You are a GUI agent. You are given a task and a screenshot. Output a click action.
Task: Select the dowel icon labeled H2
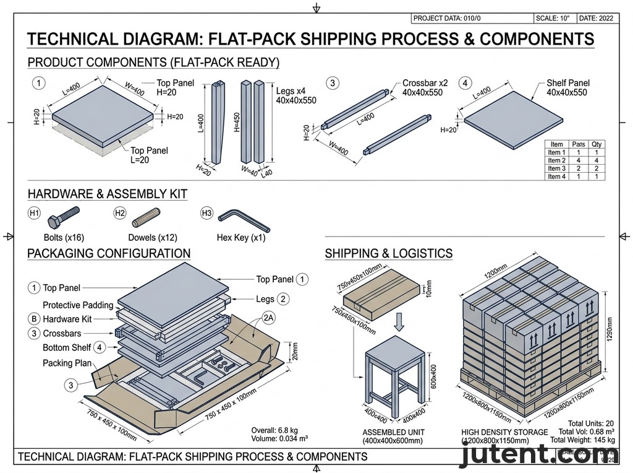pyautogui.click(x=146, y=217)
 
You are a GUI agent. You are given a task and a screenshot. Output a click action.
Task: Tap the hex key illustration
pyautogui.click(x=243, y=218)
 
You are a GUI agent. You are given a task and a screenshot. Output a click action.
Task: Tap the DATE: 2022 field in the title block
pyautogui.click(x=598, y=19)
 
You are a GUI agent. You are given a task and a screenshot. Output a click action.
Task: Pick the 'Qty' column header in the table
pyautogui.click(x=596, y=144)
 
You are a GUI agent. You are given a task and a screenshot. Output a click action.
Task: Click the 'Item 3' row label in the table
pyautogui.click(x=556, y=168)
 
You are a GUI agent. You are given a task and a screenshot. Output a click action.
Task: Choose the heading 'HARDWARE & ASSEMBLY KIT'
pyautogui.click(x=108, y=194)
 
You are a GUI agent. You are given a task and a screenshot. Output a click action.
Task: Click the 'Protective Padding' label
pyautogui.click(x=78, y=305)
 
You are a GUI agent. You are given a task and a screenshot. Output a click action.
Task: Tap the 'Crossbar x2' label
pyautogui.click(x=425, y=83)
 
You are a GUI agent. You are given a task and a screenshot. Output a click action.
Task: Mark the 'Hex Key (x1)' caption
pyautogui.click(x=241, y=238)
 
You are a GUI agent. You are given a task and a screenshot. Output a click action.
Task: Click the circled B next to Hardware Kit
pyautogui.click(x=34, y=319)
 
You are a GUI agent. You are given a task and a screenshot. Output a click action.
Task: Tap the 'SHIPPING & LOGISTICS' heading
pyautogui.click(x=388, y=253)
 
